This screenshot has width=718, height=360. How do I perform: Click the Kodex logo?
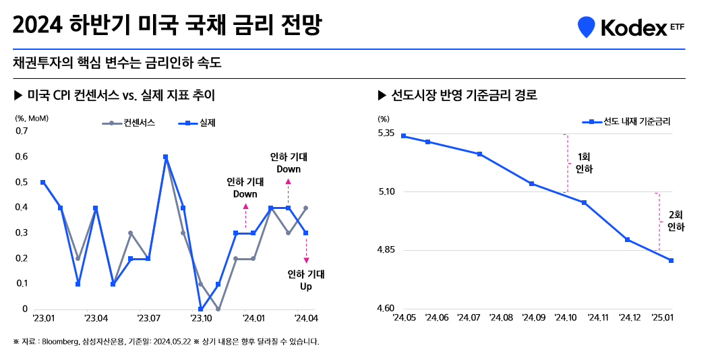[630, 26]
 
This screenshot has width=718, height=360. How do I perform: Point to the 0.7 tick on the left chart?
[21, 131]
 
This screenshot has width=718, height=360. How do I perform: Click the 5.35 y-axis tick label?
[386, 133]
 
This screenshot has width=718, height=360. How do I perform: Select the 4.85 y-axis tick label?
[386, 250]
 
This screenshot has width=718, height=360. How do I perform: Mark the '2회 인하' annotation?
[676, 222]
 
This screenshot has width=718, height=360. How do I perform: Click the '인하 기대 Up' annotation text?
[306, 280]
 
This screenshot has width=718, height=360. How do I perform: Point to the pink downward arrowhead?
[306, 260]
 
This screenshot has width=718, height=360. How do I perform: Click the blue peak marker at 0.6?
[165, 157]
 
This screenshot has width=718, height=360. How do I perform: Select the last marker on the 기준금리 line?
[671, 260]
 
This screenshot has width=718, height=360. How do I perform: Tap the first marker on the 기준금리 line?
[403, 136]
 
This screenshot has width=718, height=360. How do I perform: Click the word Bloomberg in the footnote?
[61, 341]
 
